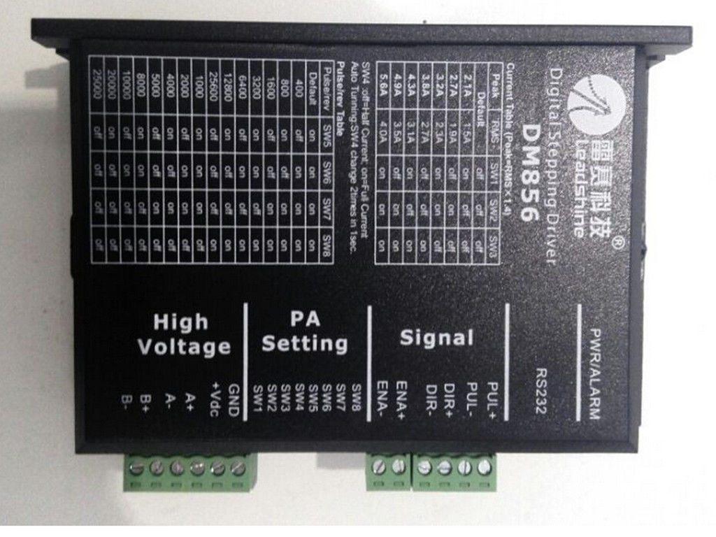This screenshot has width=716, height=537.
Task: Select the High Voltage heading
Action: [x=183, y=334]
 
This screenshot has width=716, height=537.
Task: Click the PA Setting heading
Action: [x=304, y=332]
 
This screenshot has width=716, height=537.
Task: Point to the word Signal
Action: [x=436, y=338]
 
